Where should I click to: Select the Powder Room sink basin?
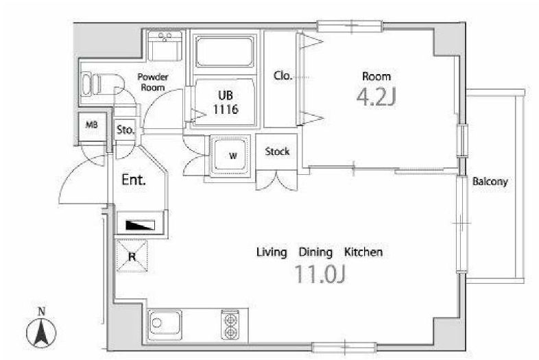pos(165,46)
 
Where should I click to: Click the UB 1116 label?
pos(226,102)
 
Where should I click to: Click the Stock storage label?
pos(277,152)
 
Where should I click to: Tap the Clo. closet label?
pos(283,75)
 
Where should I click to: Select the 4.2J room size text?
pos(376,97)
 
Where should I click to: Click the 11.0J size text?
pos(320,274)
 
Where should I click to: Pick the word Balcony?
pos(490,182)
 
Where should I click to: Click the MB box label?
pos(91,125)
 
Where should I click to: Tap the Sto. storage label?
pos(125,130)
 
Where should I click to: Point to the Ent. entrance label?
pos(134,180)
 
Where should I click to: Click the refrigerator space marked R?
pos(132,256)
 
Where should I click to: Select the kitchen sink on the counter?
pos(165,324)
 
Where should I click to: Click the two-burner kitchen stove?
pos(230,325)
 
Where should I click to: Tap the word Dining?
pos(315,253)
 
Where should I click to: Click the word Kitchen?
pos(363,252)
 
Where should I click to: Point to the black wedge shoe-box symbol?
pos(141,225)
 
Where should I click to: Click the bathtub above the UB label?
pos(225,51)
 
